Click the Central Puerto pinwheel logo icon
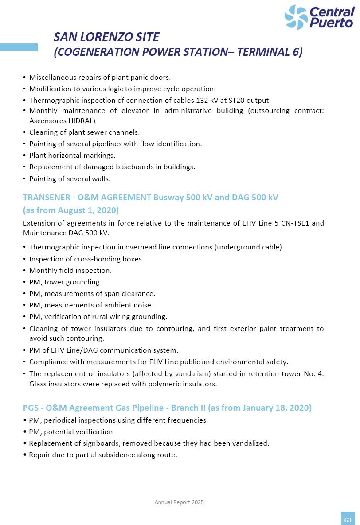296,17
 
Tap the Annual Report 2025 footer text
179,502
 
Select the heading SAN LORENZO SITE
106,37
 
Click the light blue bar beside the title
19,47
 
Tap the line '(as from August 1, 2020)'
71,210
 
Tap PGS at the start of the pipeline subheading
31,408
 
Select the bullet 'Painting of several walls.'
70,179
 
